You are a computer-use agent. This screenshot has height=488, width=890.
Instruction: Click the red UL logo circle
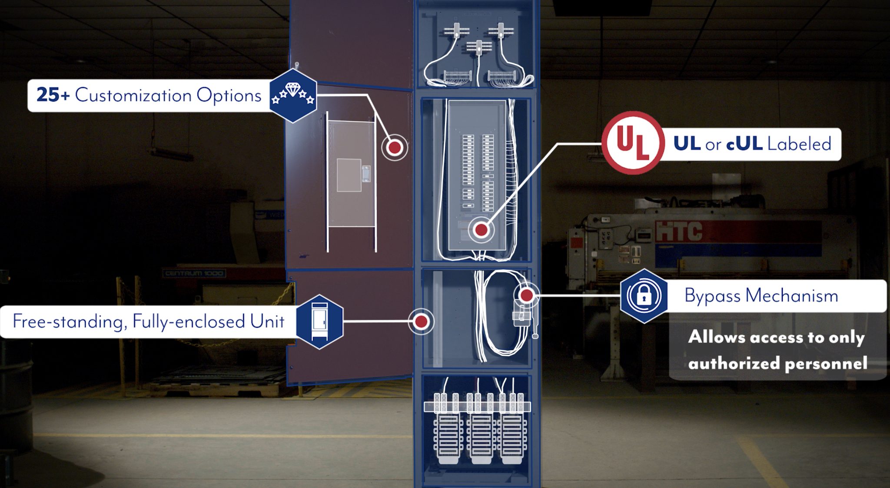[633, 143]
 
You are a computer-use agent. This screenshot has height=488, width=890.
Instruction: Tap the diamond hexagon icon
[293, 95]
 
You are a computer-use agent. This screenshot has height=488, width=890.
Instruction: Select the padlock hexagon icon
[644, 296]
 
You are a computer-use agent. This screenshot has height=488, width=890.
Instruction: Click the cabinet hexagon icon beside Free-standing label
[319, 322]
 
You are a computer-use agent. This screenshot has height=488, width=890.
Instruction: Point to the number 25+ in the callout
[53, 95]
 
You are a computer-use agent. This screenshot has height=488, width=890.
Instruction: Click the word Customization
[133, 95]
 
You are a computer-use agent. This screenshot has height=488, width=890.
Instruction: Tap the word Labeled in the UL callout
[799, 144]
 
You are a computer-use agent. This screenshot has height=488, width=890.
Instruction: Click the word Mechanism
[792, 296]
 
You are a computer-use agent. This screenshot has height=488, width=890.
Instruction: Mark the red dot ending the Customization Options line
[395, 148]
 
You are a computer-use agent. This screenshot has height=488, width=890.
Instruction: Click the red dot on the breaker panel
[481, 229]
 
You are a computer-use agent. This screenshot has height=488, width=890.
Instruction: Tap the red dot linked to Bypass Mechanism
[527, 295]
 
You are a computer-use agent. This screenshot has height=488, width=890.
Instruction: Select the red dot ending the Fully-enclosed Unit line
[421, 322]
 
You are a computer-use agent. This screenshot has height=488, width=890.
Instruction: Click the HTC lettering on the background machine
[678, 231]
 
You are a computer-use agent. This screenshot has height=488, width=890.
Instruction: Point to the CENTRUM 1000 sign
[194, 273]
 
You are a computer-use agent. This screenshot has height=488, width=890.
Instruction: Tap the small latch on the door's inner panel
[366, 174]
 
